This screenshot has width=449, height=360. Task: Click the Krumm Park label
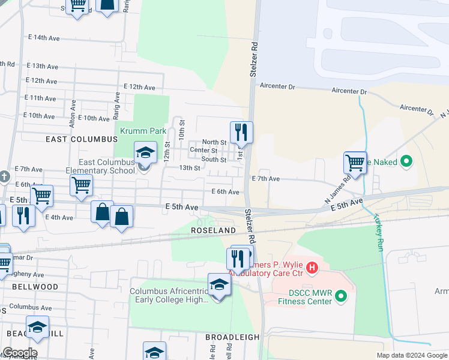click(x=143, y=131)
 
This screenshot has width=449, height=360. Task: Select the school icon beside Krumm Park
click(x=145, y=152)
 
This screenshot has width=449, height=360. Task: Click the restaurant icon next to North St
click(x=241, y=133)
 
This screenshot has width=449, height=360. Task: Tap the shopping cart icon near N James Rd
click(x=355, y=163)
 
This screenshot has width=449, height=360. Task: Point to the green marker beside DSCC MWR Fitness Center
click(x=342, y=296)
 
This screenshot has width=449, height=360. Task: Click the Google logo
click(x=20, y=353)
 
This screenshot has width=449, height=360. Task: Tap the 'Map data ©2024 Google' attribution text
click(x=411, y=355)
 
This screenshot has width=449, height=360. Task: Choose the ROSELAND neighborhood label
click(x=213, y=230)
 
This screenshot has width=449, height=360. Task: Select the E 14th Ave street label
click(x=46, y=38)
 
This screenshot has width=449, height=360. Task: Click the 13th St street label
click(x=190, y=168)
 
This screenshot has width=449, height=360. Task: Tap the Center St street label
click(x=203, y=150)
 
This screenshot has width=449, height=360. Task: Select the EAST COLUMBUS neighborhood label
click(x=82, y=139)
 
